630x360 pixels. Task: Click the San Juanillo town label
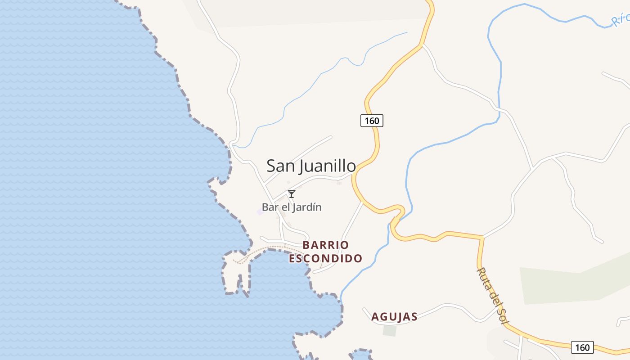(x=311, y=166)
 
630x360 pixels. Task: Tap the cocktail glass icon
(x=292, y=194)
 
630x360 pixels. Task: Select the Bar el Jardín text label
(x=292, y=207)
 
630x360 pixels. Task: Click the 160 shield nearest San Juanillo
(x=372, y=121)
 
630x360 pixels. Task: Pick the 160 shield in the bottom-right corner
(x=582, y=347)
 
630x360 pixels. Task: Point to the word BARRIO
(x=326, y=245)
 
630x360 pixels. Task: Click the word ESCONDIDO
(x=326, y=259)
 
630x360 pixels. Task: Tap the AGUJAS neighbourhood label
(x=394, y=317)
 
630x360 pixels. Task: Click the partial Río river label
(x=621, y=19)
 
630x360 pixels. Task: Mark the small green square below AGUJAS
(x=390, y=331)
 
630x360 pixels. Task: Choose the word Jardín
(x=309, y=207)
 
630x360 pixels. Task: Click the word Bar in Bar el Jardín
(x=269, y=207)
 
